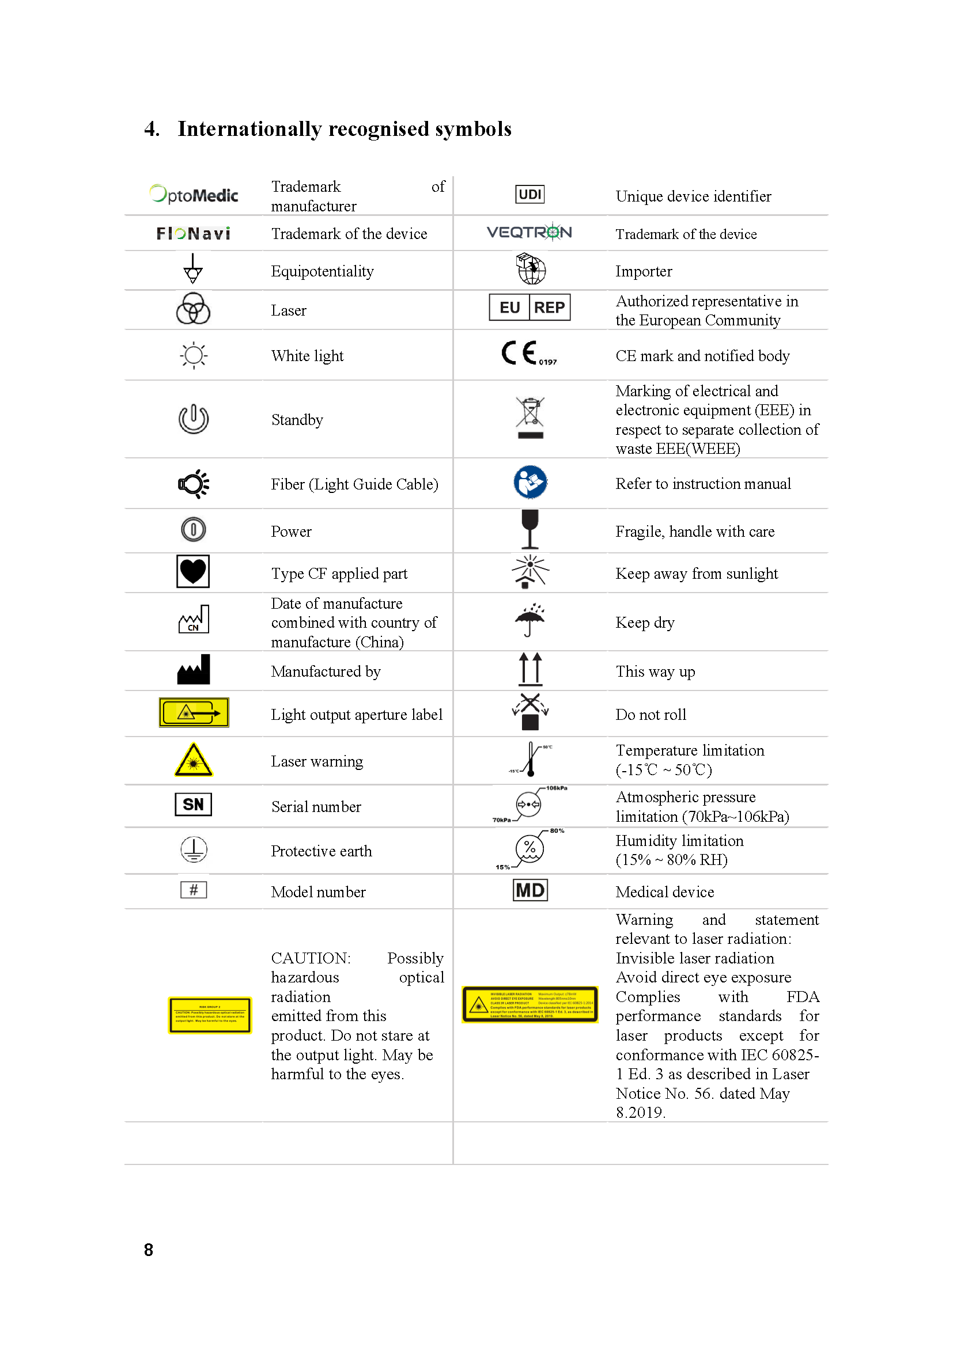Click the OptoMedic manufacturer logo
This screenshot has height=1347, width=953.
click(x=194, y=194)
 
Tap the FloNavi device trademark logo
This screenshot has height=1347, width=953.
click(x=193, y=233)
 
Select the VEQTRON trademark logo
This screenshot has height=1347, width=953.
click(x=530, y=232)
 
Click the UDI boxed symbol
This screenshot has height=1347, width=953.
click(x=530, y=194)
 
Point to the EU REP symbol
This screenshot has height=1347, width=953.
click(x=530, y=308)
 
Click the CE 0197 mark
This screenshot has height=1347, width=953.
click(x=528, y=354)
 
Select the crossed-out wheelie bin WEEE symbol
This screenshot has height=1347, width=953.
click(x=530, y=417)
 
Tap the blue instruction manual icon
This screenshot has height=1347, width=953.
click(x=530, y=482)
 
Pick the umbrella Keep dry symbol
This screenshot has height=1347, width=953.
click(x=530, y=620)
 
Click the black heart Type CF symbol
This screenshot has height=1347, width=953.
click(x=193, y=571)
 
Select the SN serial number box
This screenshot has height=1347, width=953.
click(x=193, y=805)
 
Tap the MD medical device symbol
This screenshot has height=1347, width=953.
click(x=530, y=890)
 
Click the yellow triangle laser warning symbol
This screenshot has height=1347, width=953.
click(x=193, y=760)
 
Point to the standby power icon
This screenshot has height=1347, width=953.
click(x=193, y=419)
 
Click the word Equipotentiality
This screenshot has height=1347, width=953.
click(x=322, y=271)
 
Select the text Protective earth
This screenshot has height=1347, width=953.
click(x=321, y=851)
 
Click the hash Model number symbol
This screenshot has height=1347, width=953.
click(x=193, y=890)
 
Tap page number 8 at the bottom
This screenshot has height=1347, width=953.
click(x=149, y=1250)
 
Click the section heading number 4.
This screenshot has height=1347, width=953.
click(x=152, y=128)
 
